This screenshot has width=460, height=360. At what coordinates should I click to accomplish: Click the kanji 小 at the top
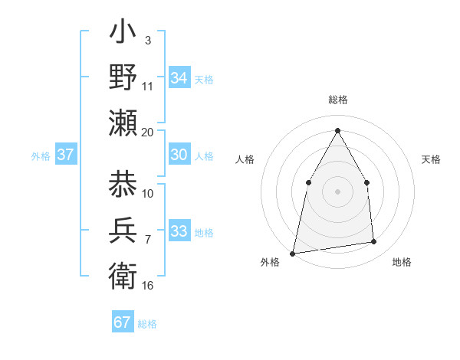pos(123,34)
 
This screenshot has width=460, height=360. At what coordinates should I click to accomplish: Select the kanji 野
pos(123,77)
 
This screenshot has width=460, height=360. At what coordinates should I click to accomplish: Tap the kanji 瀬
pos(123,123)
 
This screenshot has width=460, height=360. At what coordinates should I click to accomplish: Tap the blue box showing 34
pos(179,78)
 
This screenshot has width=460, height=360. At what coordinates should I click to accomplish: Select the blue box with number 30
pos(179,155)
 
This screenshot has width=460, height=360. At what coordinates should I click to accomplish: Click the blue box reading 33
pos(179,231)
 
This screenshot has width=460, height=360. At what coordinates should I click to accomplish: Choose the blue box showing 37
pos(65,155)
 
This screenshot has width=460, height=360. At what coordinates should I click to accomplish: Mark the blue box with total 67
pos(122,322)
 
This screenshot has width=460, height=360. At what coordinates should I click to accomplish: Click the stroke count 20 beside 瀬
pos(147,132)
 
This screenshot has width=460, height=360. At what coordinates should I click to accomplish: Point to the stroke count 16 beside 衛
pos(147,285)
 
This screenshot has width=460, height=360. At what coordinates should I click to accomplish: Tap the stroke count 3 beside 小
pos(147,40)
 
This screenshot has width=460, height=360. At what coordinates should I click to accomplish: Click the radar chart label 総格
pos(338,100)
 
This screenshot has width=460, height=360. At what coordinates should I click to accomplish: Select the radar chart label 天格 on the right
pos(432,159)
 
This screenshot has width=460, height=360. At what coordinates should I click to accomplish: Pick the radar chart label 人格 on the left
pos(245,159)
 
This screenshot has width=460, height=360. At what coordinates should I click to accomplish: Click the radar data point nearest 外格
pos(292,253)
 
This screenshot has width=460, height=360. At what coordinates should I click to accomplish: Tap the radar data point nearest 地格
pos(374,242)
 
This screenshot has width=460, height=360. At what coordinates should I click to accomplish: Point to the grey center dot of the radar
pos(337,191)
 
